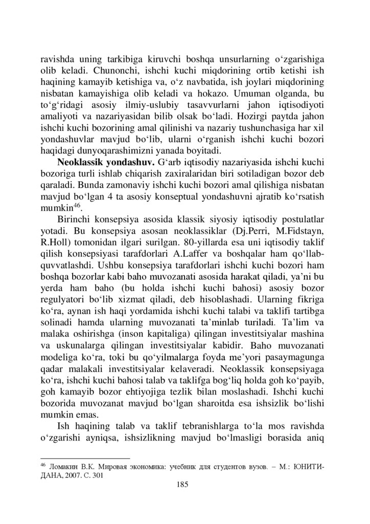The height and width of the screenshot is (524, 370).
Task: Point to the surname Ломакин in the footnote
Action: pos(64,468)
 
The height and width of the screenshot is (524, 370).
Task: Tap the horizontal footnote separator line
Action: pos(85,458)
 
